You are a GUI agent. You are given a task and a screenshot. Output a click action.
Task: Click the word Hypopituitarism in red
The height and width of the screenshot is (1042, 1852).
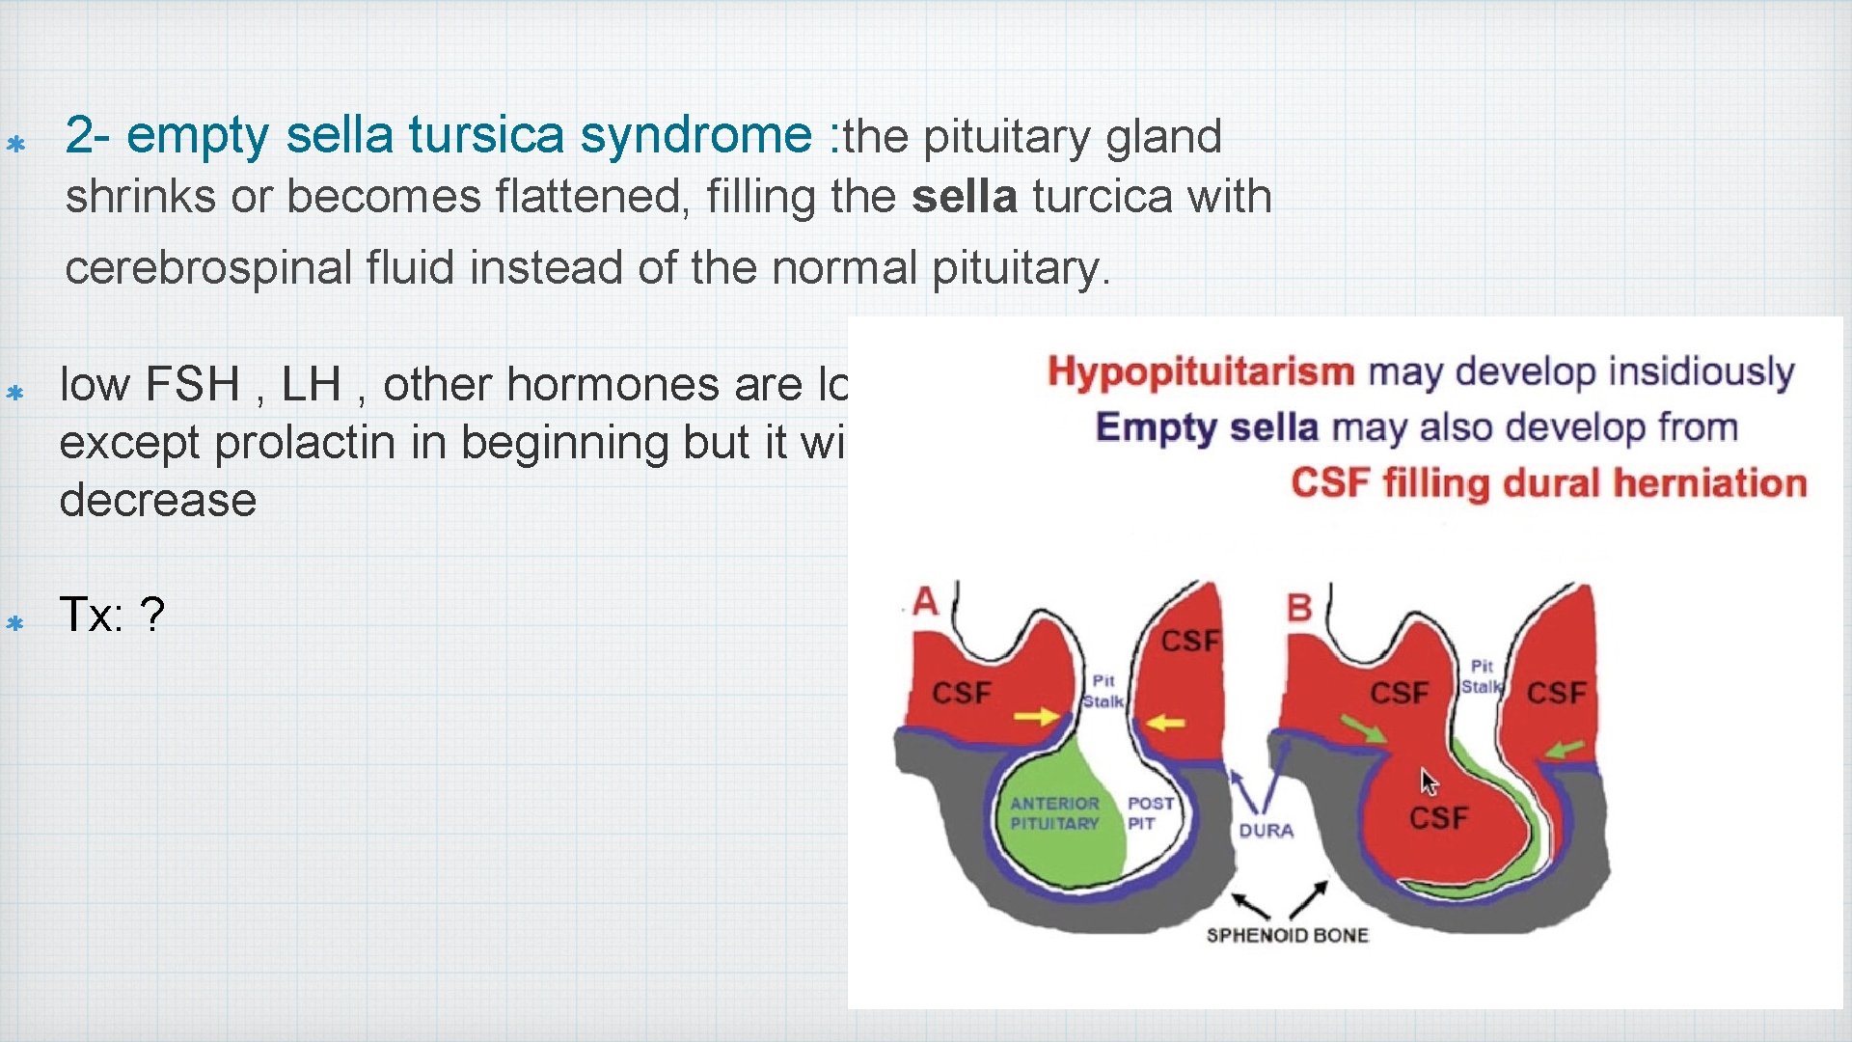coord(1201,371)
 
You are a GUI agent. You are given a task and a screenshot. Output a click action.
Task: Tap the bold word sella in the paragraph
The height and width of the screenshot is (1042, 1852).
coord(964,197)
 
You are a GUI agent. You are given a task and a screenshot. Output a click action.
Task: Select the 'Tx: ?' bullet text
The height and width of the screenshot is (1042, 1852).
coord(112,615)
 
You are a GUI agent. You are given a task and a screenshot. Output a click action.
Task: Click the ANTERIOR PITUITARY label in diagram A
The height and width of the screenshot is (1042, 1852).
coord(1053,813)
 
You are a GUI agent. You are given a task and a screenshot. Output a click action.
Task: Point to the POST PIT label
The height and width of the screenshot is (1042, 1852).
coord(1150,812)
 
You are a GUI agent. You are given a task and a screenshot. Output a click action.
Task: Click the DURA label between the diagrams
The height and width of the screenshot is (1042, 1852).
coord(1266,831)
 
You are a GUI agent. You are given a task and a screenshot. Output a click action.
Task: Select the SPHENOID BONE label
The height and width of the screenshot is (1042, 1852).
coord(1287,935)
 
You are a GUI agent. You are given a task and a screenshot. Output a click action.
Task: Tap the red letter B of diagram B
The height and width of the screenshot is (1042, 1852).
coord(1299,608)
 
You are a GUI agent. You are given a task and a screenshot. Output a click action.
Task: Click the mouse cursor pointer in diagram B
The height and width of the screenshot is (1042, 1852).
coord(1429,781)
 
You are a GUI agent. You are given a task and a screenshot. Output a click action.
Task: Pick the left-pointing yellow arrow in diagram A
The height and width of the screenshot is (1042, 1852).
coord(1165,722)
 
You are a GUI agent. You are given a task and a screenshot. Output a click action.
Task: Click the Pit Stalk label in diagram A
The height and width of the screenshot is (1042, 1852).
coord(1103,691)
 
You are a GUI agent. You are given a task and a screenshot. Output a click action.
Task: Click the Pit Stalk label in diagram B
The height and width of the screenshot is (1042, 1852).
coord(1481,676)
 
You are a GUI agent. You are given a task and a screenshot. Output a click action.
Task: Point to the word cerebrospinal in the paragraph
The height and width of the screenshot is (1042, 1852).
coord(208,267)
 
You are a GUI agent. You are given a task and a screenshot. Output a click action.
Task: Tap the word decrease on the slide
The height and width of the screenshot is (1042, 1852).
coord(158,500)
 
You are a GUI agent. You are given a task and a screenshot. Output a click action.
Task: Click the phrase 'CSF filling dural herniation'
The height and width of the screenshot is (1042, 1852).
coord(1547,482)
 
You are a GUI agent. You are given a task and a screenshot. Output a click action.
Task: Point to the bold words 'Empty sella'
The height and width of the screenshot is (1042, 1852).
coord(1206,426)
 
